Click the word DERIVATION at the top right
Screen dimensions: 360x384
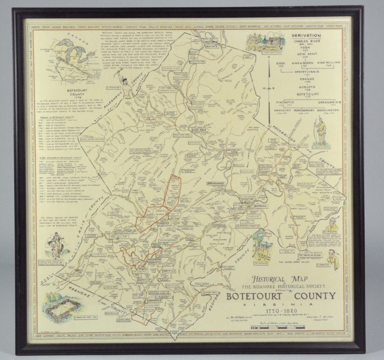[x=309, y=36]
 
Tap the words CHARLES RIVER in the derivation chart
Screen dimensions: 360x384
[x=309, y=41]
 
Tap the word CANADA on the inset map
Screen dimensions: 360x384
[x=65, y=37]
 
